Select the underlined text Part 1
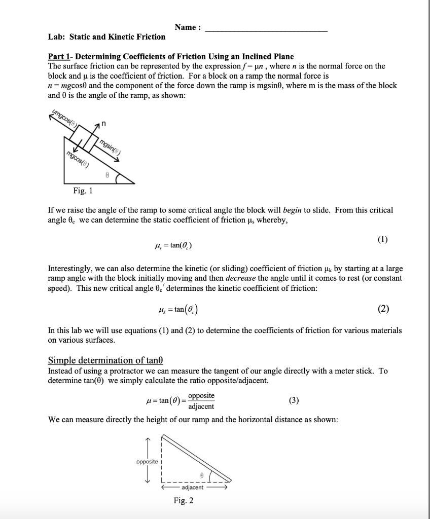[x=59, y=56]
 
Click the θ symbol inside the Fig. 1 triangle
[x=106, y=173]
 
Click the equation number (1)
[x=382, y=240]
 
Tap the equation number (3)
[x=294, y=400]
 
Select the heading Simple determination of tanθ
[x=105, y=360]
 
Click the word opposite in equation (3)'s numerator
[x=201, y=395]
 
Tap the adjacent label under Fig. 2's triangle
[x=192, y=487]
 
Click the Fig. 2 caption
[x=183, y=501]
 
